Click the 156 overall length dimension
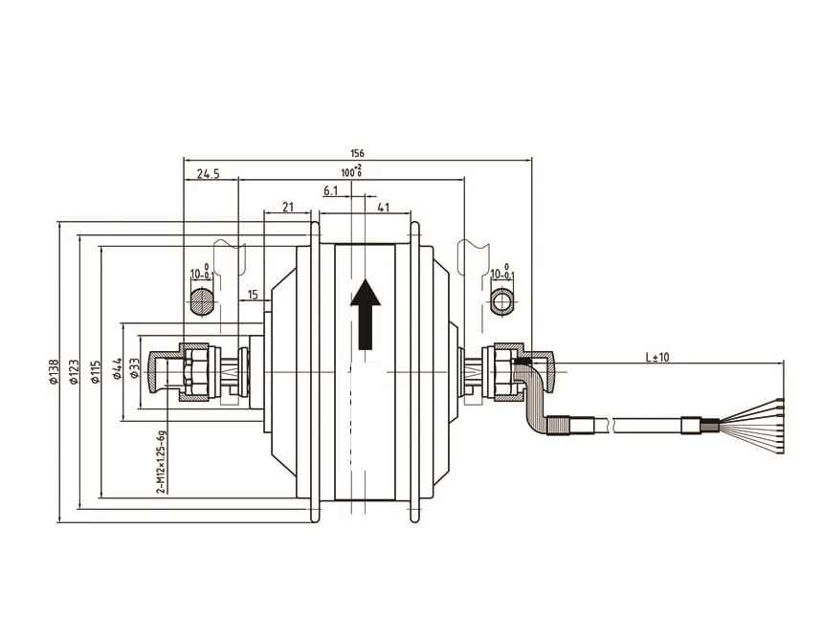pyautogui.click(x=357, y=153)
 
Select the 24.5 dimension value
pyautogui.click(x=209, y=173)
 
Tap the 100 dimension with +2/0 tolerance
pyautogui.click(x=351, y=171)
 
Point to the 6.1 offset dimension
pyautogui.click(x=331, y=190)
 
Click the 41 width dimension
pyautogui.click(x=383, y=207)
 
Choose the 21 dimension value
pyautogui.click(x=288, y=207)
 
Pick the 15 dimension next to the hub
pyautogui.click(x=253, y=295)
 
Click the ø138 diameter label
pyautogui.click(x=53, y=371)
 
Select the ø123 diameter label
pyautogui.click(x=74, y=371)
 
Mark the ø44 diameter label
pyautogui.click(x=117, y=369)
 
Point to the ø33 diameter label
pyautogui.click(x=135, y=369)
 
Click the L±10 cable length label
pyautogui.click(x=657, y=357)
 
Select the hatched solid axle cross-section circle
pyautogui.click(x=202, y=302)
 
